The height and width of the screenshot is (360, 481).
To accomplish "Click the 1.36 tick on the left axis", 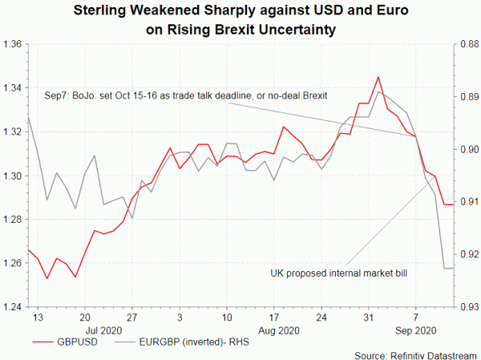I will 13,43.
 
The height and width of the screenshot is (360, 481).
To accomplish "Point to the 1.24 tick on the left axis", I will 13,306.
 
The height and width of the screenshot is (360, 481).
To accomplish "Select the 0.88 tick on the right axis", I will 467,43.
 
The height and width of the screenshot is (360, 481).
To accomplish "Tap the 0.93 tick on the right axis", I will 467,306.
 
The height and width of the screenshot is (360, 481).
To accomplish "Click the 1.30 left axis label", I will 13,175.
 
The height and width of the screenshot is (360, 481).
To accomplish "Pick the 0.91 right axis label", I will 467,201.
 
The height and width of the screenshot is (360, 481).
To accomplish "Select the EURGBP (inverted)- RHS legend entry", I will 184,340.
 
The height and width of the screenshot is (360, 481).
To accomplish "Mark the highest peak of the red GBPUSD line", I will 378,77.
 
